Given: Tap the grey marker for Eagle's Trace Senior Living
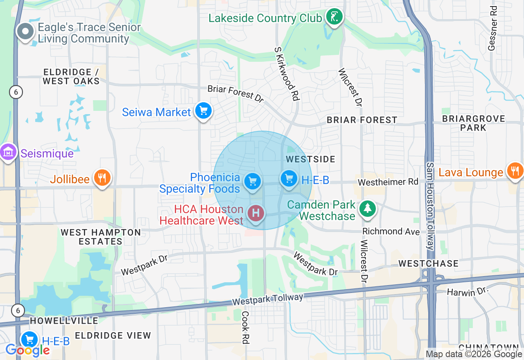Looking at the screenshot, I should (26, 32).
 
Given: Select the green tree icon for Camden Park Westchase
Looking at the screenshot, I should (368, 208).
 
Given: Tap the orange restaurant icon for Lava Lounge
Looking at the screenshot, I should (515, 170).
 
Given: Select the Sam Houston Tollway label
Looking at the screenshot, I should (430, 206).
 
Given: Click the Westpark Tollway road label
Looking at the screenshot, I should (268, 299).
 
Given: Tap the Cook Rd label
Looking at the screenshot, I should (245, 327).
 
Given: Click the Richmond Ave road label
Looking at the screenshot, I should (391, 232).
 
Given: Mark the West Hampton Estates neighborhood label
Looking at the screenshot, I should (101, 237).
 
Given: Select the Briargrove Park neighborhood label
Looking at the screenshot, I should (474, 123).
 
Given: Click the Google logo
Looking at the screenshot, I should (27, 350).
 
